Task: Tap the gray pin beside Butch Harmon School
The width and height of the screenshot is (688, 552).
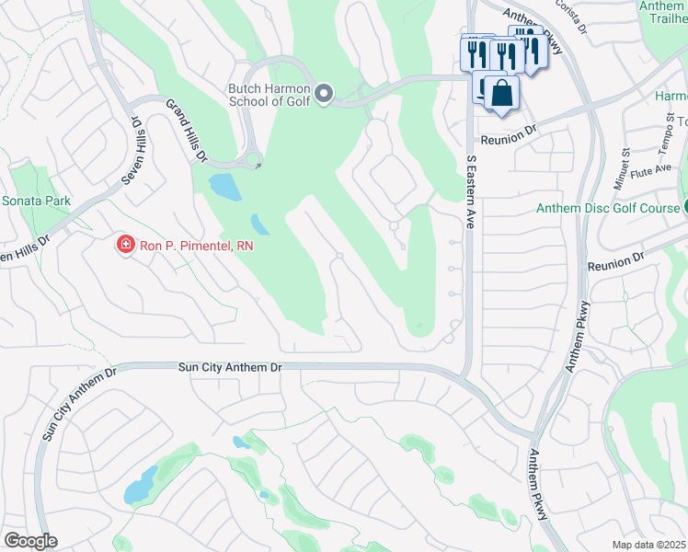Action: coord(323,93)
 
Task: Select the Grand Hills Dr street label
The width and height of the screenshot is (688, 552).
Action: coord(186,131)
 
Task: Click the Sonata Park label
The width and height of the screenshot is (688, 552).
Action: coord(37,200)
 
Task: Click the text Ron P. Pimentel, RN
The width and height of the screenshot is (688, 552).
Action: coord(195,246)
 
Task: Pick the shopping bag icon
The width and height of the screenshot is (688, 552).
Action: coord(502,94)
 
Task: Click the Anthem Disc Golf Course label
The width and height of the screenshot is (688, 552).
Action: coord(608,209)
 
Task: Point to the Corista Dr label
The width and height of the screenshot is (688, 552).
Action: coord(570,17)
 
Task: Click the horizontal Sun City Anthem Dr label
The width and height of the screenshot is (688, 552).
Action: coord(229,367)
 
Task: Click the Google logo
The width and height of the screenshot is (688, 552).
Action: coord(30,541)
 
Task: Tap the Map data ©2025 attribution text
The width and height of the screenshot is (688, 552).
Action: coord(648,545)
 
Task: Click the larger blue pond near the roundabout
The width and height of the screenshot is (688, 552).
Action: coord(224,187)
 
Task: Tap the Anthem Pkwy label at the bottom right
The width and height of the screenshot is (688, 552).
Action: coord(539,485)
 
